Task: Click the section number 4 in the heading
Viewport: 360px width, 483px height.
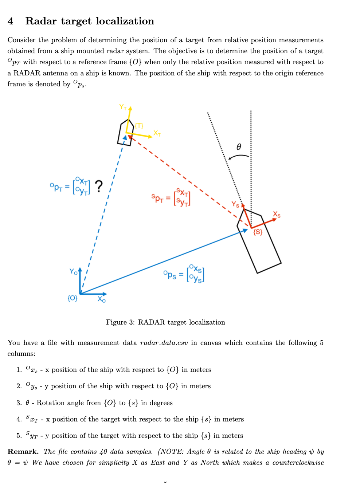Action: coord(10,21)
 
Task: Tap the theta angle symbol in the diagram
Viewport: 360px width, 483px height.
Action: coord(239,147)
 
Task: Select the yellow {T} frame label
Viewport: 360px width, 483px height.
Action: coord(139,126)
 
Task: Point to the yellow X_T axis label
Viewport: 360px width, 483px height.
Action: coord(157,133)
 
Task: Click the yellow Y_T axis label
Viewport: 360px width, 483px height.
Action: coord(123,107)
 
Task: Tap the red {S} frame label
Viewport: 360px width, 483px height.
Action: coord(258,232)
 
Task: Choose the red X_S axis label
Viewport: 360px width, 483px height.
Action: coord(277,215)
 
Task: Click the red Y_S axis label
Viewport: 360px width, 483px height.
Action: coord(235,205)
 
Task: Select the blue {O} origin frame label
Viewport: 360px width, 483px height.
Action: coord(73,298)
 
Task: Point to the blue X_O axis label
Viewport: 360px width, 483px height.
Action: coord(101,299)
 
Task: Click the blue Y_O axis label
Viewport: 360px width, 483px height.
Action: coord(74,272)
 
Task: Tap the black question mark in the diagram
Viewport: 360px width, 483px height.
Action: coord(99,186)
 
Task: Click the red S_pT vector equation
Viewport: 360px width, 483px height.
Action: coord(171,198)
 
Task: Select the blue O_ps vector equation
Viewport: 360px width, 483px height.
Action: coord(184,274)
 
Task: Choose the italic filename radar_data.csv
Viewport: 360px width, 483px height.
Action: coord(164,343)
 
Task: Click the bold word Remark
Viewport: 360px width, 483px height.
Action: coord(23,452)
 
